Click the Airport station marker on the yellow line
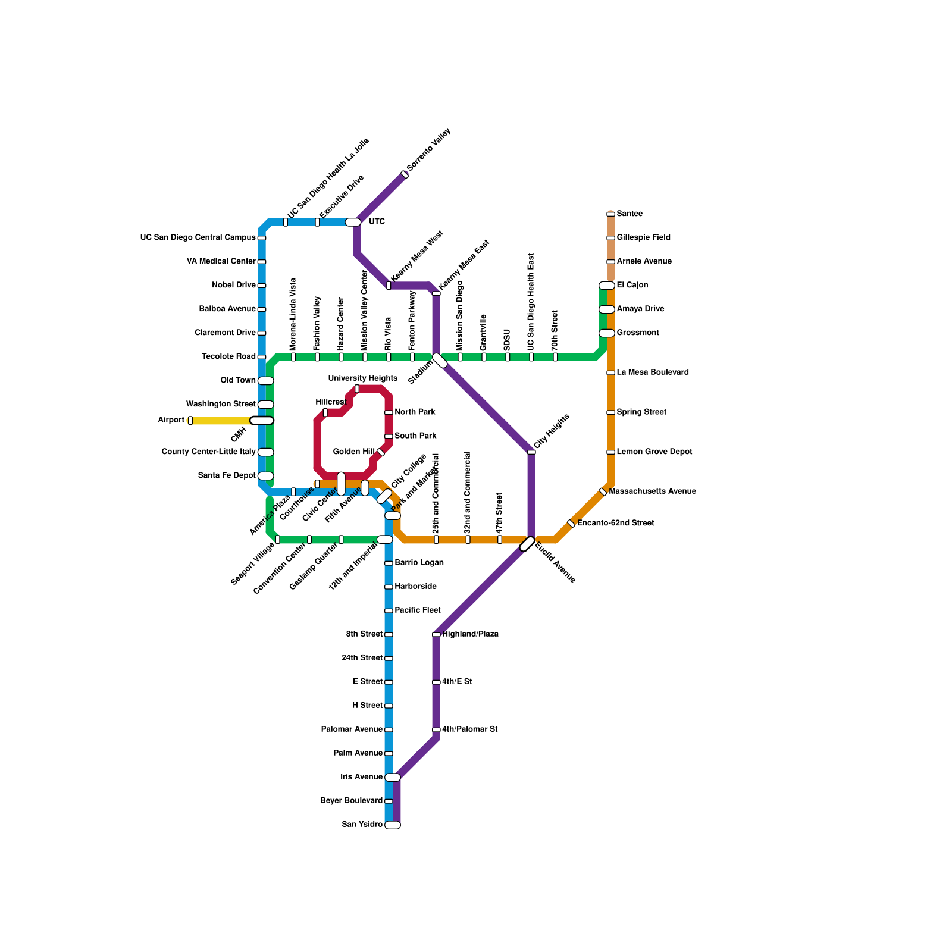[190, 421]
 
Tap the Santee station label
[630, 214]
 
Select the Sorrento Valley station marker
[405, 174]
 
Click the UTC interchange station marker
[353, 222]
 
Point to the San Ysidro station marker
[393, 825]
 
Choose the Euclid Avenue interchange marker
[527, 544]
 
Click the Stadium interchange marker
[440, 361]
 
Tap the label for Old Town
[238, 380]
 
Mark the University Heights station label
[362, 378]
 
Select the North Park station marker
[389, 412]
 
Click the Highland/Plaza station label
[470, 634]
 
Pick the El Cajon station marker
[607, 286]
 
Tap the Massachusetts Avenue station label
[652, 491]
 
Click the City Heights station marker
[531, 452]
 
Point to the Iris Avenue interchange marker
[393, 777]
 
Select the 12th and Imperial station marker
[385, 539]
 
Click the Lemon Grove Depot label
[654, 452]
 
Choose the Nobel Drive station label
[234, 285]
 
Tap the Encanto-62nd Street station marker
[571, 524]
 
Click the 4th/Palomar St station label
[470, 729]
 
